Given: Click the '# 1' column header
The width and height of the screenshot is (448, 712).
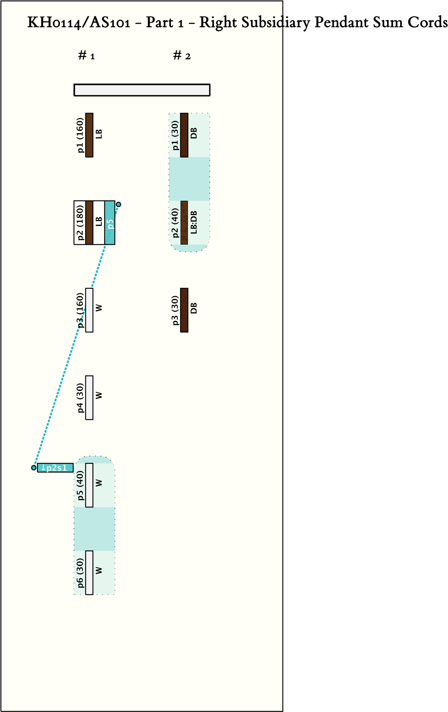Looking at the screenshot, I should [x=86, y=55].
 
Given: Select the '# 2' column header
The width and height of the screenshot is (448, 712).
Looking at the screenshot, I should [x=182, y=55].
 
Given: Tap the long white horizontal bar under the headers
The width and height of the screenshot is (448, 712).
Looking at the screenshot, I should [x=142, y=90].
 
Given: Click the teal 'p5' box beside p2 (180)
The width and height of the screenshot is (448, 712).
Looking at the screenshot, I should [x=110, y=223].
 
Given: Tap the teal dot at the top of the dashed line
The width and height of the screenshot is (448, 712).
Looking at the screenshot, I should [x=118, y=204].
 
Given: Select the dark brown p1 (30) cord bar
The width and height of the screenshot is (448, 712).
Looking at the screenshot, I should [x=184, y=135].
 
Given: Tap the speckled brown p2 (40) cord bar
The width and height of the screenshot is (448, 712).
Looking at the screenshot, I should [x=184, y=223].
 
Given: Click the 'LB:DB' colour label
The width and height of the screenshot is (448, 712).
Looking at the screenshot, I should [x=194, y=222].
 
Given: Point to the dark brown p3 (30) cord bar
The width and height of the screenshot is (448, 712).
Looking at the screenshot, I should [x=184, y=310].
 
